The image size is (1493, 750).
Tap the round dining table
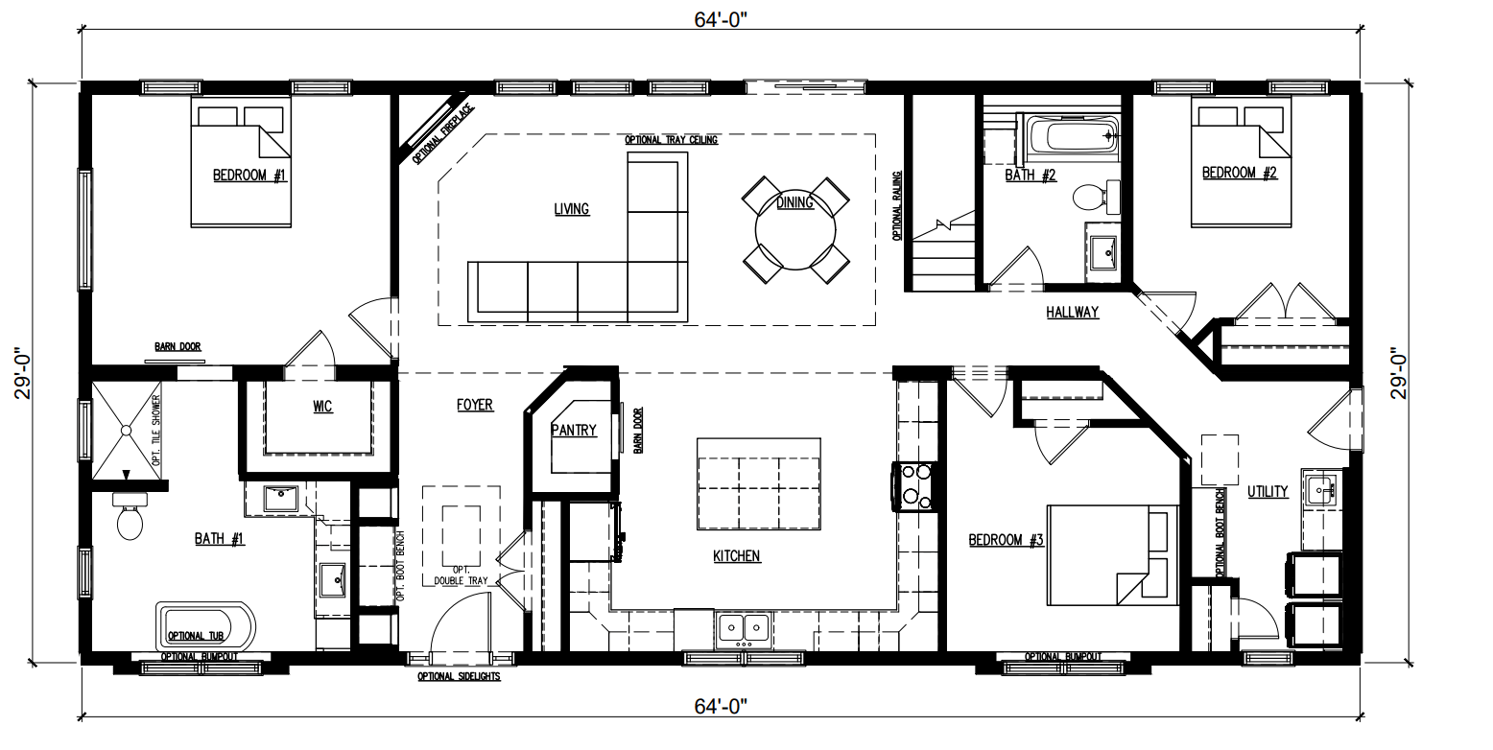point(795,229)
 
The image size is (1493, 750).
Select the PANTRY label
point(574,431)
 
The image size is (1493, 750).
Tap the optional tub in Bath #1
point(206,627)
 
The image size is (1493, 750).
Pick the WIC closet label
point(322,407)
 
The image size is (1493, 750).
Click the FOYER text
point(474,405)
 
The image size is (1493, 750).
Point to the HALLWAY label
point(1072,312)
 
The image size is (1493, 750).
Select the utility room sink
point(1325,489)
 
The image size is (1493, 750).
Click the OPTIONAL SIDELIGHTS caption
point(458,676)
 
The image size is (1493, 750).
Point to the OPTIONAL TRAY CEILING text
point(672,139)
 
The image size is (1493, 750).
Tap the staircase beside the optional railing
point(942,254)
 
